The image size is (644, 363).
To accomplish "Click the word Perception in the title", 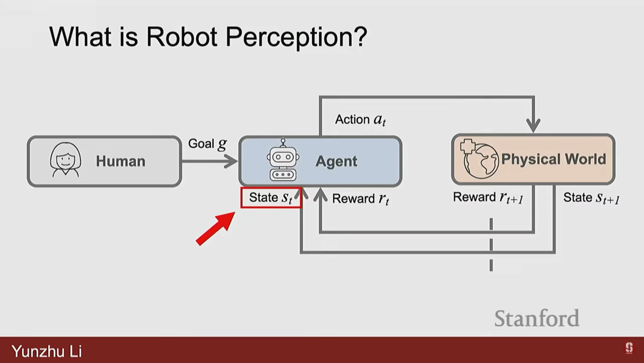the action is tap(296, 37).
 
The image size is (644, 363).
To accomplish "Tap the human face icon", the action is tap(65, 160).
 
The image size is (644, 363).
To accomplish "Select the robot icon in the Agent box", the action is tap(283, 160).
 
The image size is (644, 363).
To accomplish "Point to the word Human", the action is tap(121, 161).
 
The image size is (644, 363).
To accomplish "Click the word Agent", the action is tap(336, 161).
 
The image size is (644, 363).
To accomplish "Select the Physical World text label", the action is tap(553, 159).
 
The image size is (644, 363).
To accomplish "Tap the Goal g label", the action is tap(207, 144).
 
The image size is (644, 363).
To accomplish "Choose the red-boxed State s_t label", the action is tap(271, 198).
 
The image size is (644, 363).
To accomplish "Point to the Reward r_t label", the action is tap(361, 199).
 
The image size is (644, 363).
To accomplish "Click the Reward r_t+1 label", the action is tap(488, 198).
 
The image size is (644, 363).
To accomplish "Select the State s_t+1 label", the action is tap(591, 198).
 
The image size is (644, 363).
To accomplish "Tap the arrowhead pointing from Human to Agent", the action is tap(231, 161).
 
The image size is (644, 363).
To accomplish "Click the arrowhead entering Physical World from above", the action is tap(533, 126).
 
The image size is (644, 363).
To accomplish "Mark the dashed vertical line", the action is tap(491, 244).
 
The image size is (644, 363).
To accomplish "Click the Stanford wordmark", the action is tap(537, 318).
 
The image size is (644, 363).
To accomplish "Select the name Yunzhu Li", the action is tap(47, 351).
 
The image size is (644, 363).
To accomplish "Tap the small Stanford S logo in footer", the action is tap(629, 348).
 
